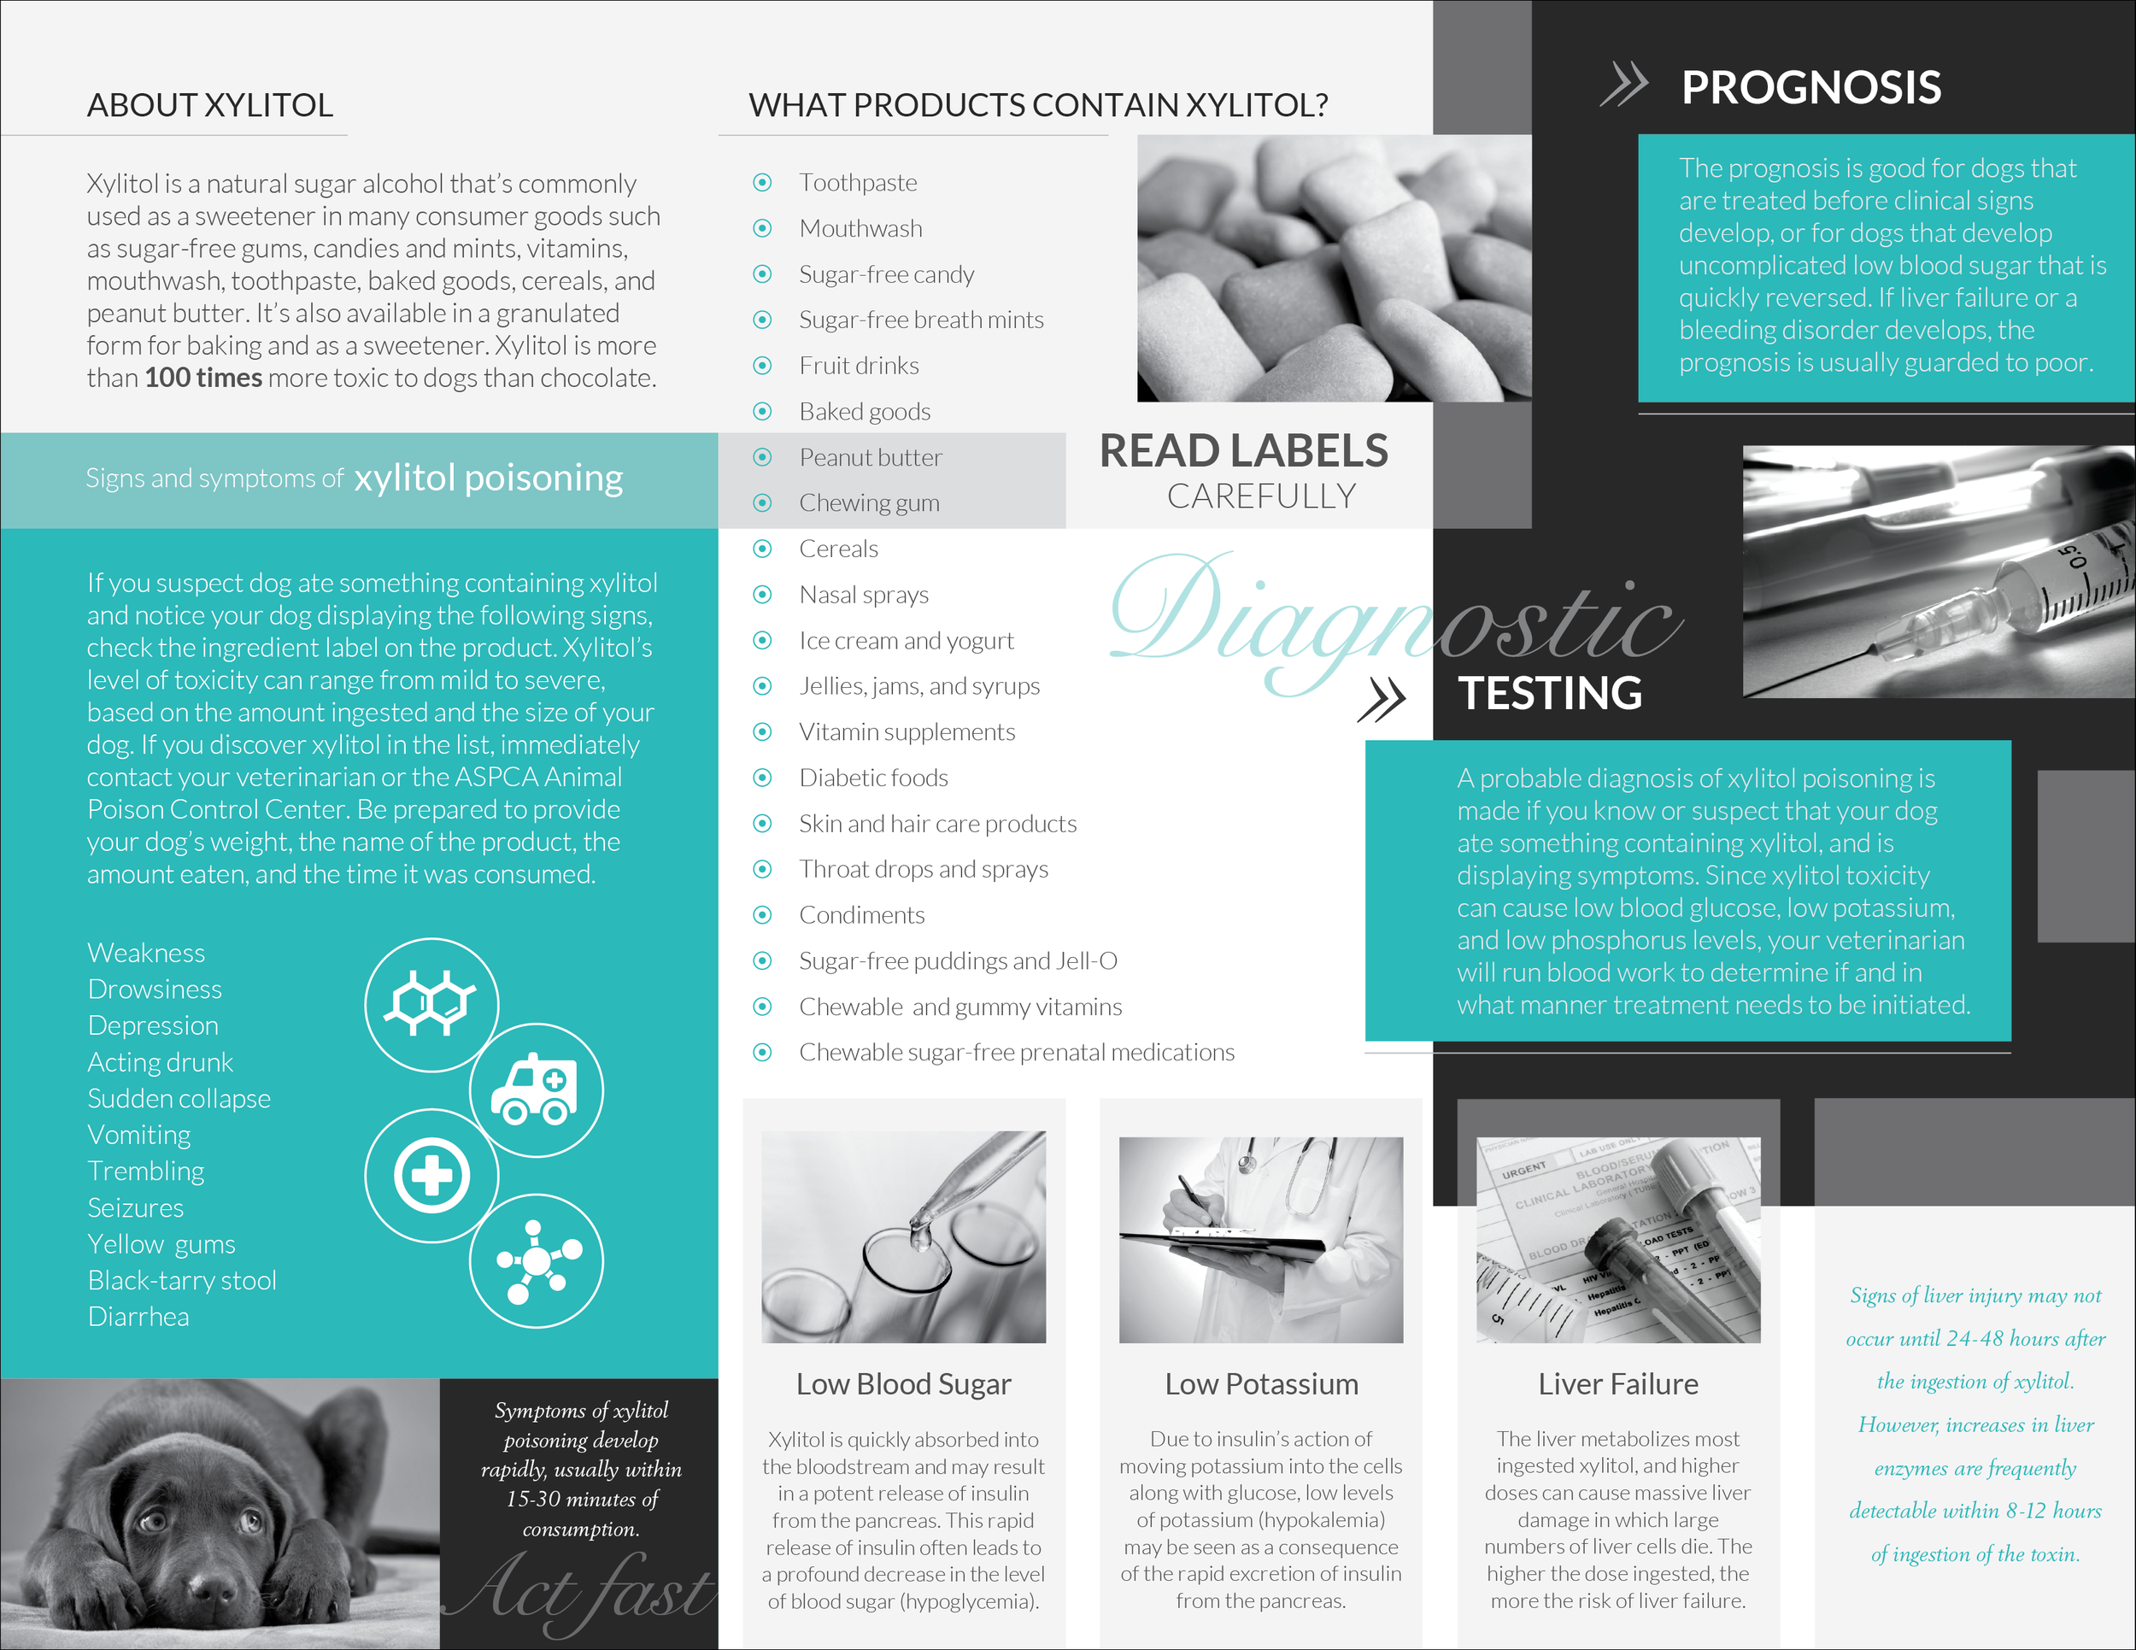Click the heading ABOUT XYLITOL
(210, 104)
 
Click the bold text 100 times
(203, 379)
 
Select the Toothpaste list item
(858, 183)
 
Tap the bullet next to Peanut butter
(763, 457)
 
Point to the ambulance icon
(535, 1089)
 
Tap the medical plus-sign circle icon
(431, 1175)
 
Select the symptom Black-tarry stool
(182, 1280)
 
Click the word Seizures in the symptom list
(135, 1208)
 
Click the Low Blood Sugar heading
(903, 1384)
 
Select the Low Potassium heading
(1261, 1384)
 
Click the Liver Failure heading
(1617, 1384)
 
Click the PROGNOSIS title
(1810, 88)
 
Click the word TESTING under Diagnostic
(1550, 694)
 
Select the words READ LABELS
(1243, 451)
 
